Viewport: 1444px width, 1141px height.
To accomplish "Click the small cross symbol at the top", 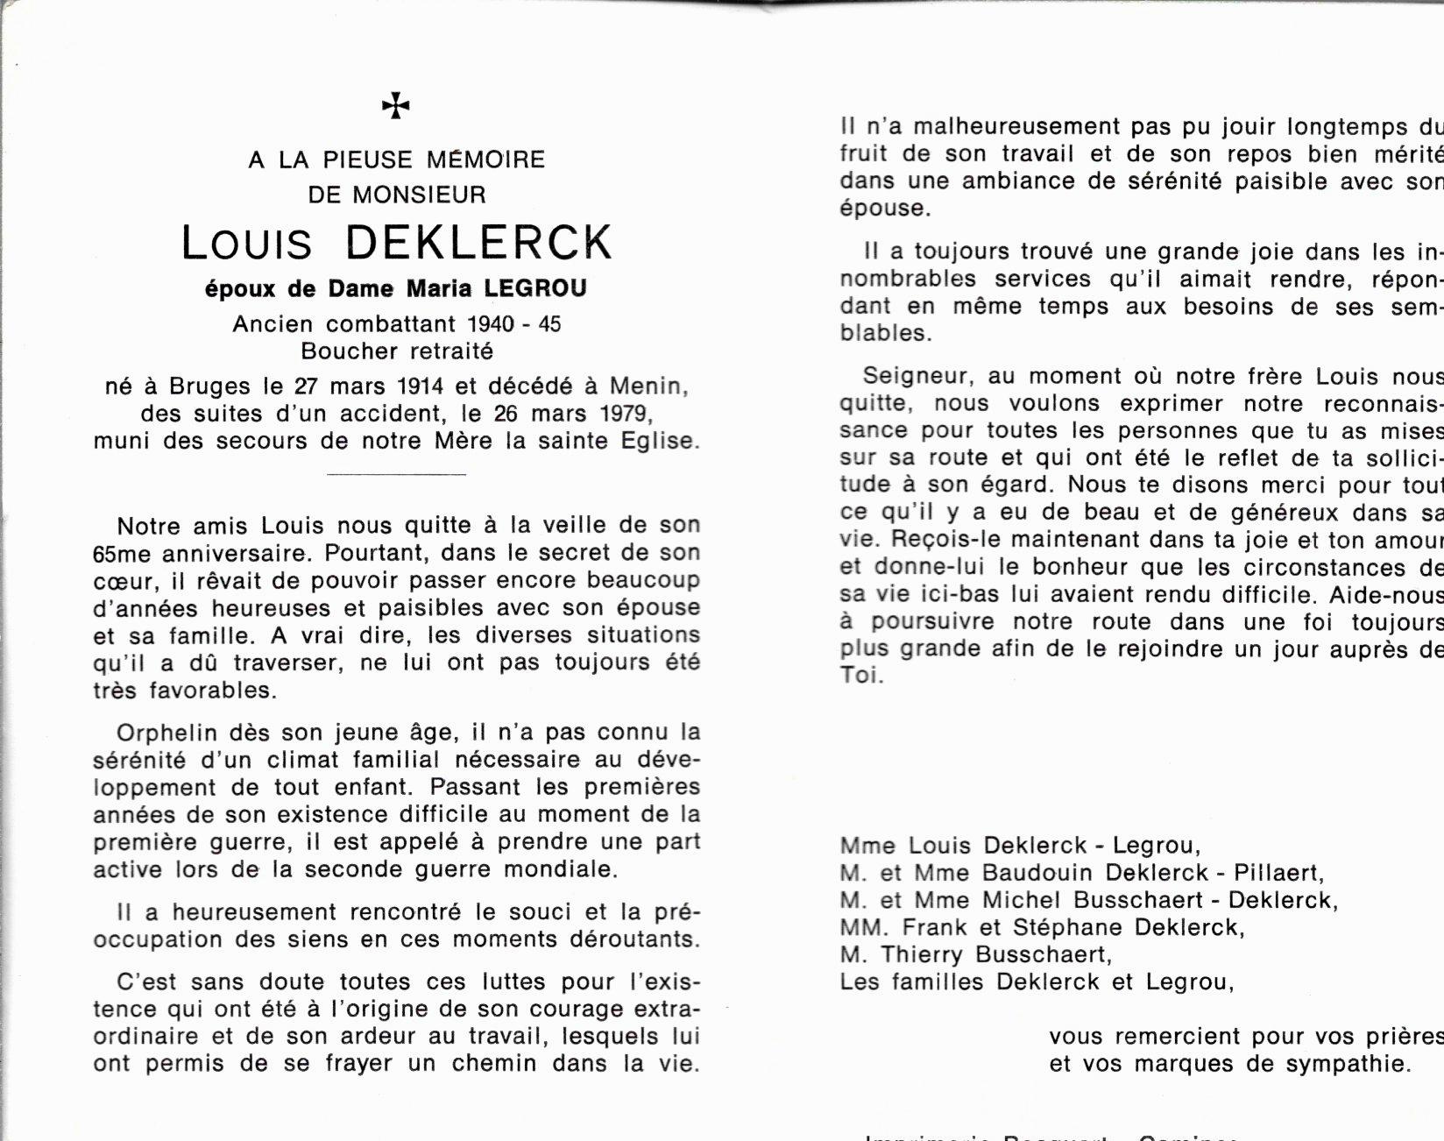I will (396, 106).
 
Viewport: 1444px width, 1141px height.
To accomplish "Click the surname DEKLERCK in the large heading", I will (479, 243).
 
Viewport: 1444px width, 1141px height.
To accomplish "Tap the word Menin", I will (648, 386).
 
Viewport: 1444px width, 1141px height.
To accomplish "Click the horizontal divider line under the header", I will (396, 474).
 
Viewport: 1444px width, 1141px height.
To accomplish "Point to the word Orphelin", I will (166, 733).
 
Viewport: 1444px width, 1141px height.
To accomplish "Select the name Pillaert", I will (1277, 873).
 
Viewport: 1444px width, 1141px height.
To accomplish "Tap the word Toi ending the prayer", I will (860, 677).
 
